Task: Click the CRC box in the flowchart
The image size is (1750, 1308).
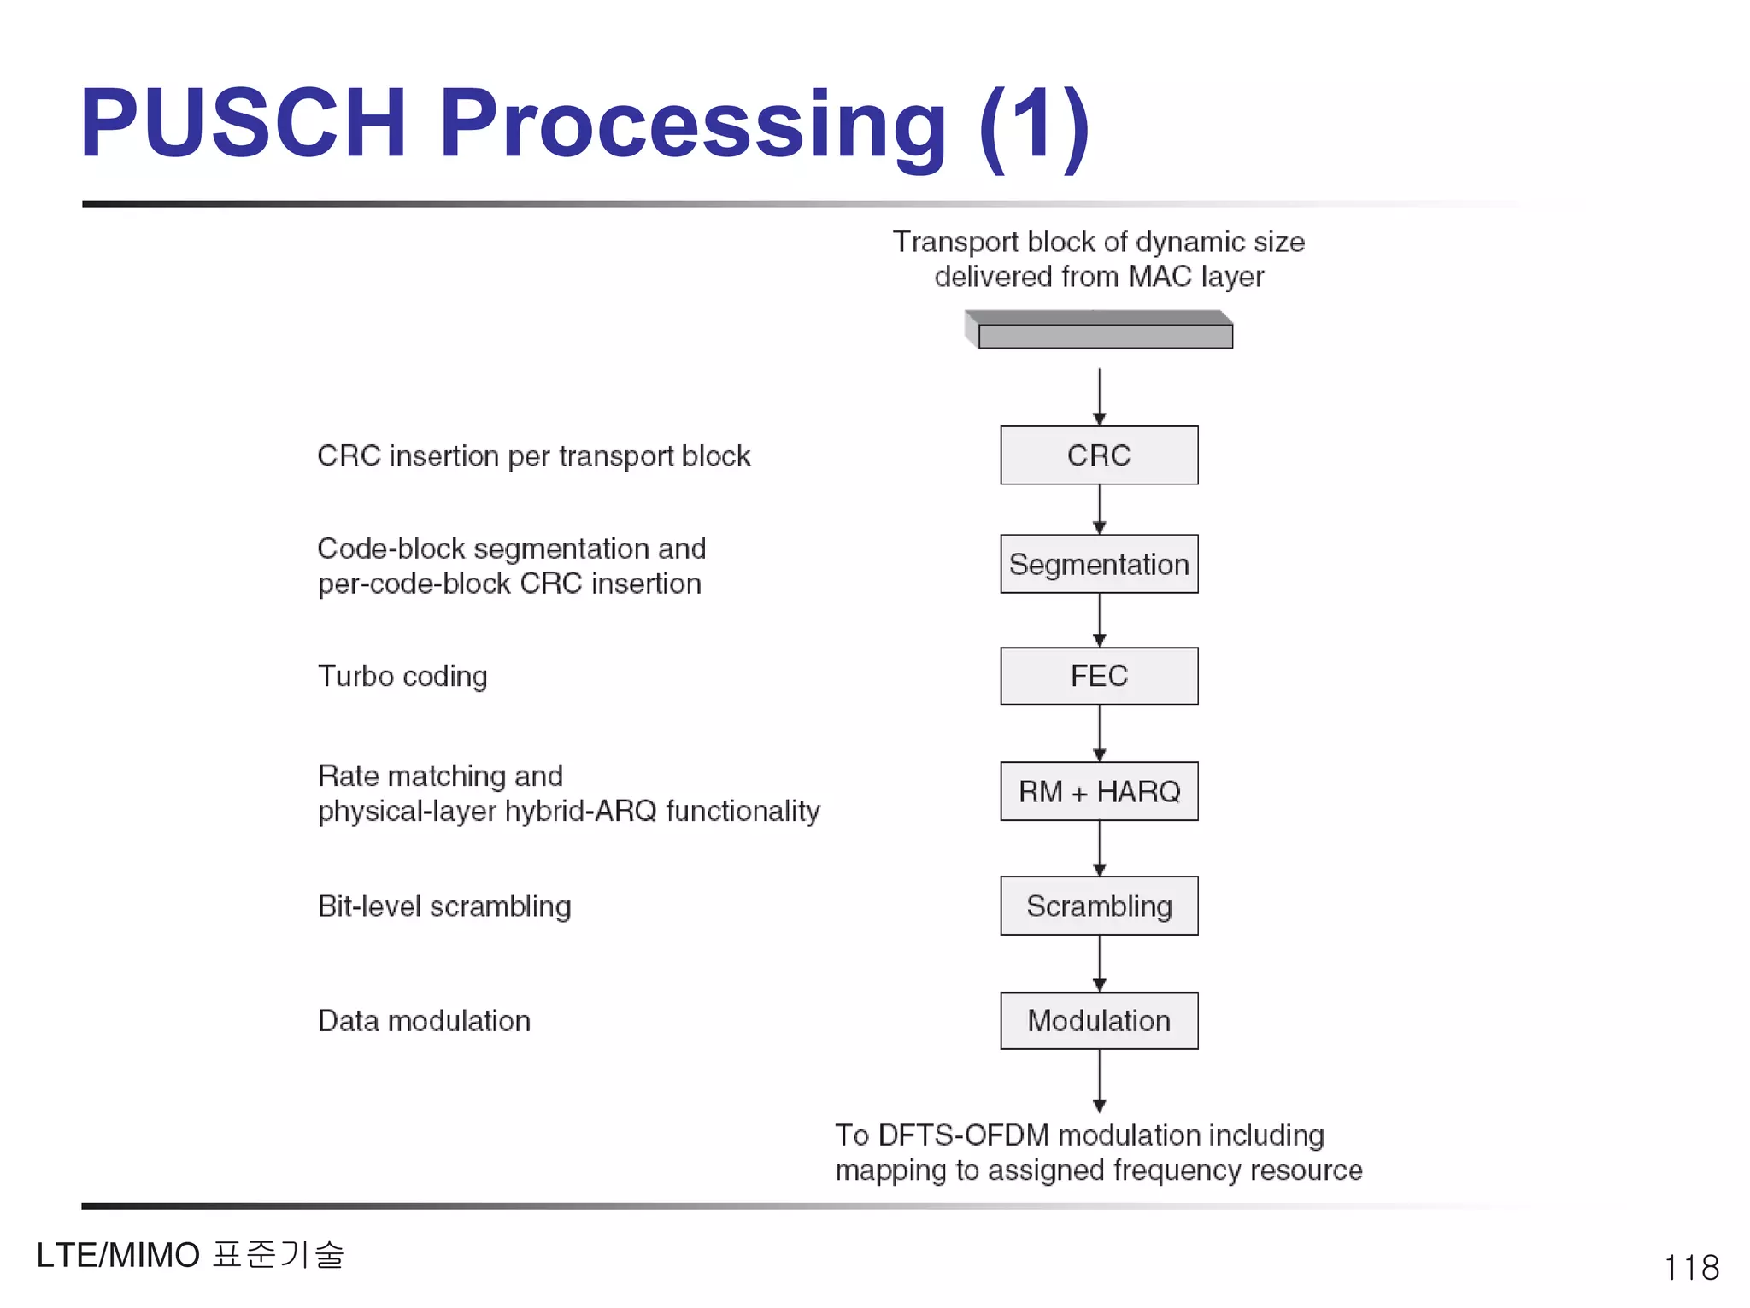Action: pyautogui.click(x=1099, y=455)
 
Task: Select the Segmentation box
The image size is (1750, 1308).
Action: pyautogui.click(x=1099, y=564)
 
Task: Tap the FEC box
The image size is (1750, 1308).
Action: pyautogui.click(x=1099, y=676)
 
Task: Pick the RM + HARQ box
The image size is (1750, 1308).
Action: pyautogui.click(x=1099, y=791)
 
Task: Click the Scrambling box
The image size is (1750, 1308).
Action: pyautogui.click(x=1099, y=906)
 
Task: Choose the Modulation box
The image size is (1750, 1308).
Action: pyautogui.click(x=1099, y=1020)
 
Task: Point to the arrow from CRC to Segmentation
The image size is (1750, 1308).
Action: pyautogui.click(x=1100, y=510)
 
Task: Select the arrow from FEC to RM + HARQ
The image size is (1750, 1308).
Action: pyautogui.click(x=1100, y=733)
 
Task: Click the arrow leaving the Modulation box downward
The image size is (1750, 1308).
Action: pyautogui.click(x=1100, y=1081)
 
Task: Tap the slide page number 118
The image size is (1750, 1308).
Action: pyautogui.click(x=1691, y=1267)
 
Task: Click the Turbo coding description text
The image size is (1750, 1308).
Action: pyautogui.click(x=402, y=676)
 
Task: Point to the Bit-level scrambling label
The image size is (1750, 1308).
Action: pyautogui.click(x=444, y=906)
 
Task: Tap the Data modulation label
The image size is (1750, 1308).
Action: pyautogui.click(x=424, y=1021)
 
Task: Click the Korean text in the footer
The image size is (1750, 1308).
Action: pyautogui.click(x=278, y=1254)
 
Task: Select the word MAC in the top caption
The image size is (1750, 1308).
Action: pyautogui.click(x=1160, y=277)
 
